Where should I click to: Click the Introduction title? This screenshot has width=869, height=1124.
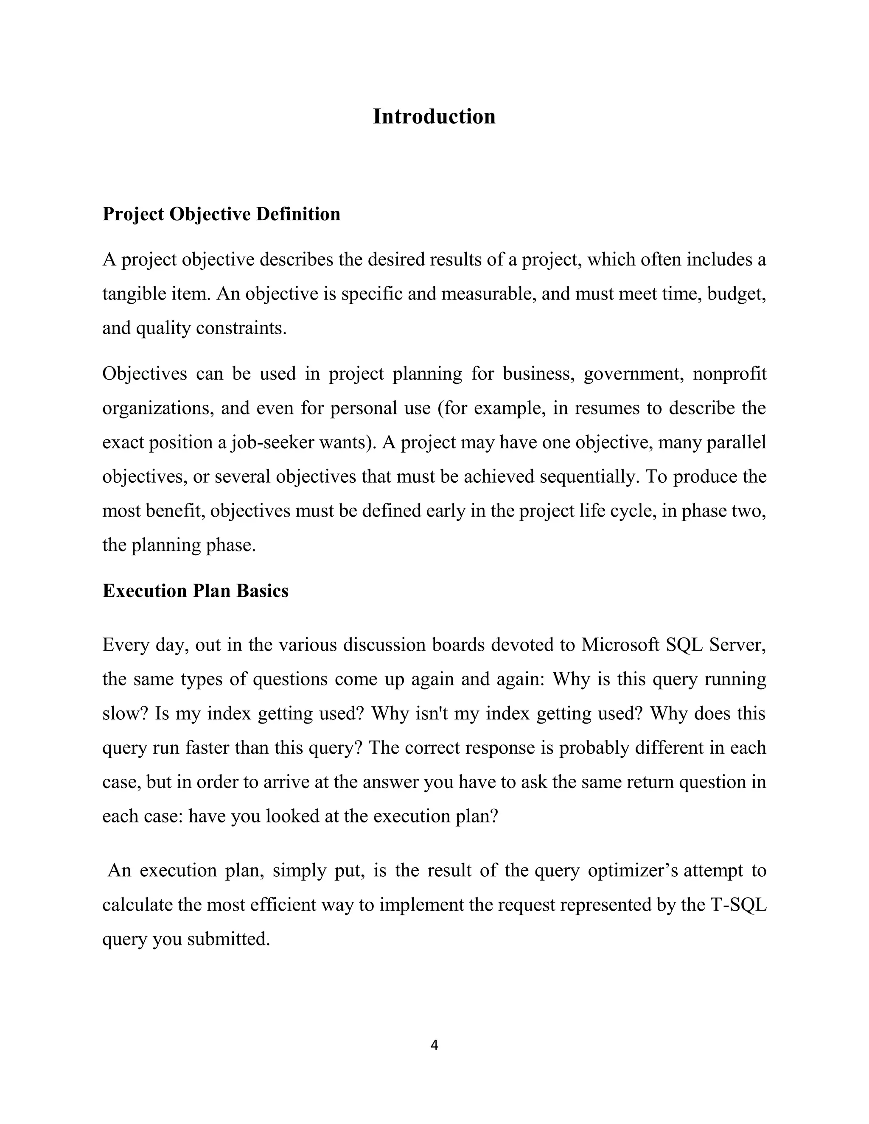click(434, 117)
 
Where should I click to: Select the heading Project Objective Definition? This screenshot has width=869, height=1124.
click(221, 214)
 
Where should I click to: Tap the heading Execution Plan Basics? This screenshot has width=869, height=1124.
click(195, 591)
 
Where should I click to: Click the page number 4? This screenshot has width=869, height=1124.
click(434, 1045)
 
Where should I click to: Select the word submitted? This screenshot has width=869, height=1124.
click(229, 939)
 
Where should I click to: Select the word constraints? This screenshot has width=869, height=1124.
click(241, 328)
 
